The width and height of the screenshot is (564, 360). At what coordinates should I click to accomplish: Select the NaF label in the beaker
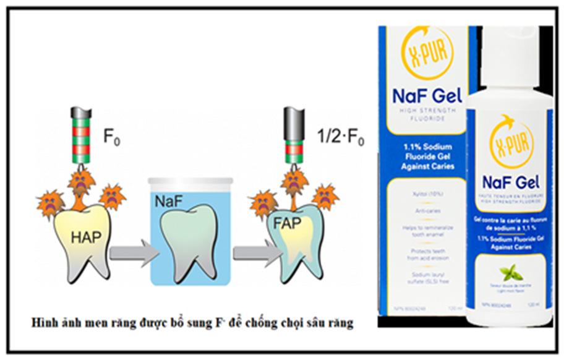coord(167,202)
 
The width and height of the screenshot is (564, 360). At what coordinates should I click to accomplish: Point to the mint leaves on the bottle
coord(511,273)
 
